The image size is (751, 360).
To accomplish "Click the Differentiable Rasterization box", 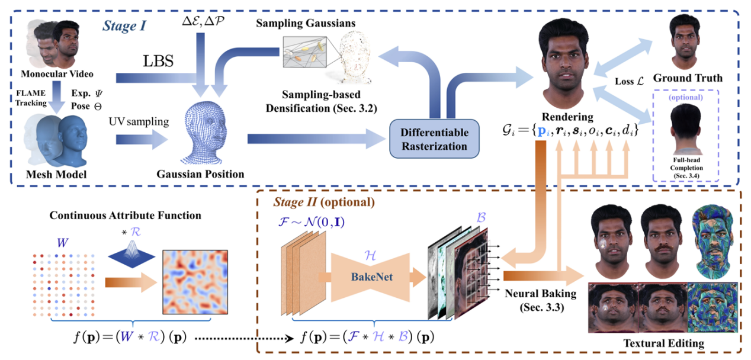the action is (x=434, y=139).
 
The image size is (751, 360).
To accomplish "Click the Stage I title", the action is (x=124, y=26).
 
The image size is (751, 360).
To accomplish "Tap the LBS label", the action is (x=158, y=61).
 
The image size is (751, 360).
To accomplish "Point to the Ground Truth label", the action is (x=688, y=78).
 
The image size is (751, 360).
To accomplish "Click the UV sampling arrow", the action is (x=142, y=140).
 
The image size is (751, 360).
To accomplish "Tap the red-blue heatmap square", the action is (x=195, y=282).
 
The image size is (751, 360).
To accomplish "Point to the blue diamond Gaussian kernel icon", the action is (x=131, y=255).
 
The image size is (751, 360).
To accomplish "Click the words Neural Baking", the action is (x=541, y=294).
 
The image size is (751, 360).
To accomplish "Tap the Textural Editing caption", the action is (x=663, y=343).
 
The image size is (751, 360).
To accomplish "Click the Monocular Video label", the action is (x=57, y=74).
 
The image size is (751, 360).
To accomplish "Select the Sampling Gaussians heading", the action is (x=306, y=23).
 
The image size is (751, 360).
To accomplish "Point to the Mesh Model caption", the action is (x=56, y=174).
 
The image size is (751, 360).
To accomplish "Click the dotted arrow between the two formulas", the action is (x=245, y=338).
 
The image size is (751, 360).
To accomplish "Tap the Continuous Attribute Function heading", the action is (x=126, y=215).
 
